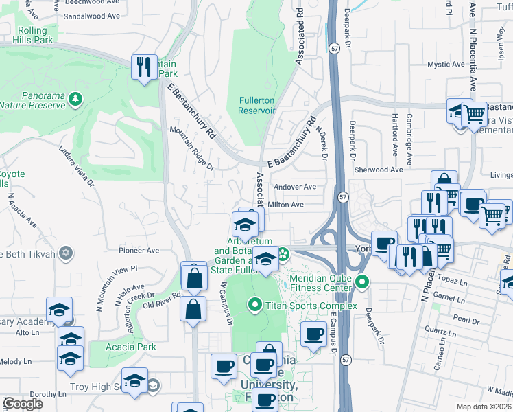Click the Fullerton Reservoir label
pos(256,105)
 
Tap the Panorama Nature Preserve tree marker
pos(75,100)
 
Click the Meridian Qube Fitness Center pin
pos(363,282)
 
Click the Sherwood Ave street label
pos(379,170)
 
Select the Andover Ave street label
pos(295,187)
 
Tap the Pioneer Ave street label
pos(139,251)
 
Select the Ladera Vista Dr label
pos(76,165)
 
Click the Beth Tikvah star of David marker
pos(65,252)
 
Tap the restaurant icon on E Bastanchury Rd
pos(144,66)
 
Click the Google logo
pos(23,404)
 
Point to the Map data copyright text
pos(484,407)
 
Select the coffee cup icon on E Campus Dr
pos(314,334)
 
